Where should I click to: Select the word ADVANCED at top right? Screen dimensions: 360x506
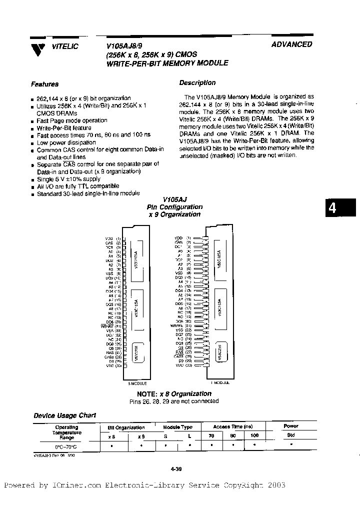click(x=292, y=44)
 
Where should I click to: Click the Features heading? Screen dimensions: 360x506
click(x=44, y=84)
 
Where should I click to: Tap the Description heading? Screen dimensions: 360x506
click(x=197, y=83)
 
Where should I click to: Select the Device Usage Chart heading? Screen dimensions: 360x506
click(x=64, y=415)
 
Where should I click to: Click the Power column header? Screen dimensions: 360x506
click(x=290, y=426)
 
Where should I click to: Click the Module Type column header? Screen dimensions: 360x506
click(x=177, y=427)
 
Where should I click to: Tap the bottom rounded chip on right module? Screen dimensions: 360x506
click(x=220, y=350)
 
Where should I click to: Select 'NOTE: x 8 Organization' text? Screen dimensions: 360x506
click(x=178, y=393)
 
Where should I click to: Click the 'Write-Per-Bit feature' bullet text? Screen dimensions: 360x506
click(x=64, y=128)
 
